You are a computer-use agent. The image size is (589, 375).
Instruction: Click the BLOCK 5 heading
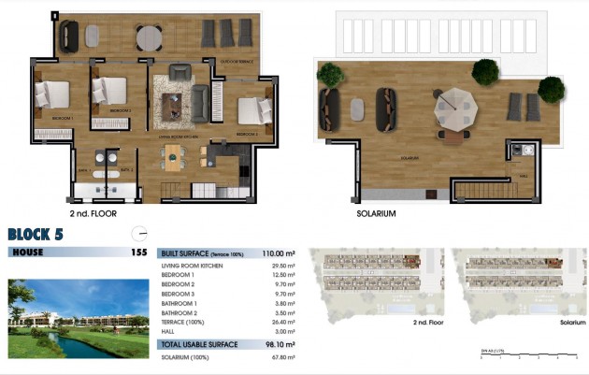coord(36,235)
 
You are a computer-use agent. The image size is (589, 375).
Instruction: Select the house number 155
coord(139,252)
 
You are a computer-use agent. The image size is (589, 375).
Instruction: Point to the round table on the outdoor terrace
coord(149,37)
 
